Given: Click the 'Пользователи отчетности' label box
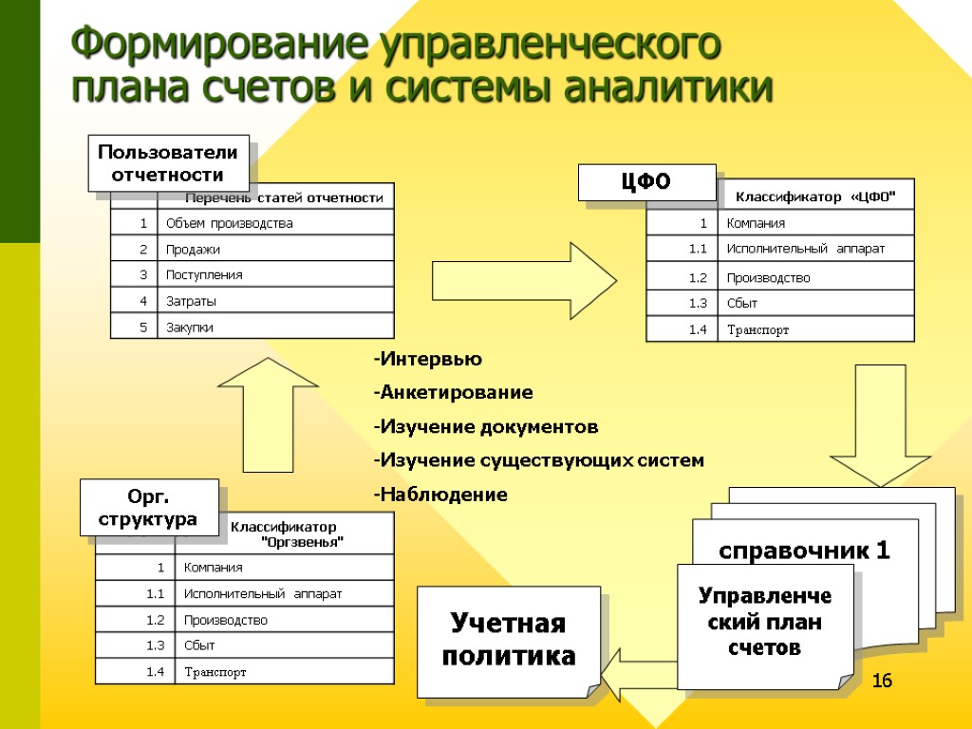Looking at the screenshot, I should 168,162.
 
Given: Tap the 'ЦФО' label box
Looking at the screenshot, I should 646,181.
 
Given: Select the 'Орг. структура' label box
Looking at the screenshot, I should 148,507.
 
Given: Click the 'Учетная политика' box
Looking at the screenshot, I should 509,640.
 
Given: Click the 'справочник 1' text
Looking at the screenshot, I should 804,551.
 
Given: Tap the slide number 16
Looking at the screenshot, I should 882,680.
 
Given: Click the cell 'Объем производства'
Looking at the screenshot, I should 230,223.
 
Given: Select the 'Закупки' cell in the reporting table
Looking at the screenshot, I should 190,327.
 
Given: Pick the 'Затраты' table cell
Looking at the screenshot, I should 191,301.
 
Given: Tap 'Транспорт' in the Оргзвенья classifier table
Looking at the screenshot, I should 215,672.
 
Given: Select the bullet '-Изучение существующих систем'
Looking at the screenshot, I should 538,460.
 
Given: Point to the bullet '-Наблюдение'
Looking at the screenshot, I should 439,495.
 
